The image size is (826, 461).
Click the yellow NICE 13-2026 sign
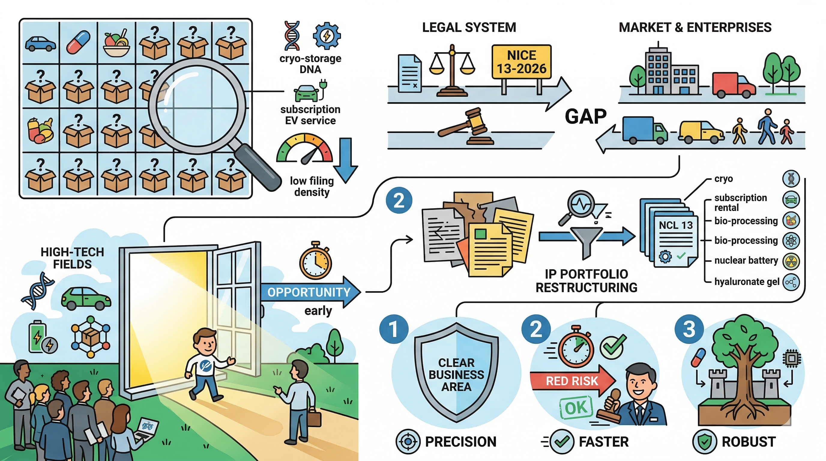pyautogui.click(x=521, y=62)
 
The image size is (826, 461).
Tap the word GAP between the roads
pyautogui.click(x=586, y=116)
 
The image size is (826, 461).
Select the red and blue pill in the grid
pyautogui.click(x=78, y=42)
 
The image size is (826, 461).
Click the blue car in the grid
pyautogui.click(x=41, y=44)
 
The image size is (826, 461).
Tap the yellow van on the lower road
pyautogui.click(x=701, y=132)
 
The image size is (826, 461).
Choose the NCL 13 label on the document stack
pyautogui.click(x=676, y=225)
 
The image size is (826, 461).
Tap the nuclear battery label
pyautogui.click(x=746, y=260)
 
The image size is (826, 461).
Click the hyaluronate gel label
pyautogui.click(x=746, y=282)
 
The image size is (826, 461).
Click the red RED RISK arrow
pyautogui.click(x=572, y=381)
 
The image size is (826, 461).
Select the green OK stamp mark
pyautogui.click(x=576, y=408)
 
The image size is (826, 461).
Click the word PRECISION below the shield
pyautogui.click(x=460, y=442)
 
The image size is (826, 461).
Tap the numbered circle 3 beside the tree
pyautogui.click(x=689, y=330)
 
